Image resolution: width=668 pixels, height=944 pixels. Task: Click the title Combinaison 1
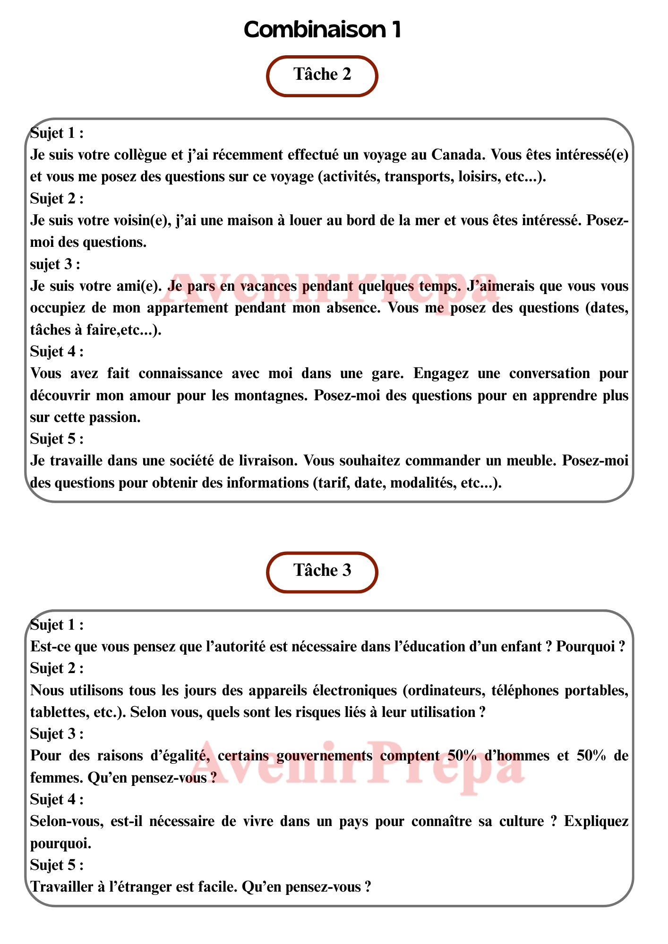[x=323, y=30]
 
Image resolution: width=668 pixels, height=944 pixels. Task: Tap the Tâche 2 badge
[x=323, y=75]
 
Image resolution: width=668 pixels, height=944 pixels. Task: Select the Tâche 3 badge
[x=323, y=571]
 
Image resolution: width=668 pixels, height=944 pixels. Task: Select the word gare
[x=385, y=373]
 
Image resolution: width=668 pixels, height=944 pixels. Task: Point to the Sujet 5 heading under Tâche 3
[x=56, y=865]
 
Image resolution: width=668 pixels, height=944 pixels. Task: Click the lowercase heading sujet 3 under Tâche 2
[x=55, y=264]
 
